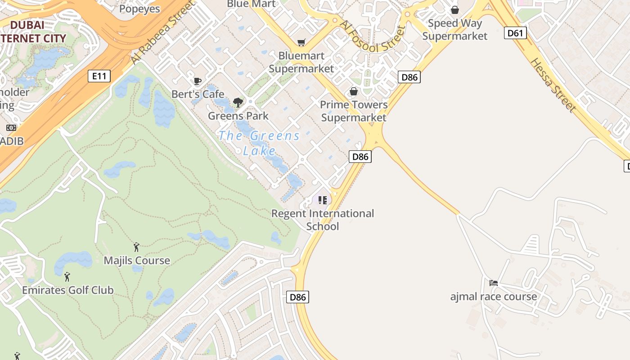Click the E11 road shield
(99, 76)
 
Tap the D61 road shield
(515, 32)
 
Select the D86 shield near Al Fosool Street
(409, 77)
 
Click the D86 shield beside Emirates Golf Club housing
(298, 297)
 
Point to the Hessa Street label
(553, 85)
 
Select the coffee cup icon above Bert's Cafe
(197, 81)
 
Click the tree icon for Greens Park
(238, 103)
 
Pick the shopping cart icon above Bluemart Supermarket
(301, 43)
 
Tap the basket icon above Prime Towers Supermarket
(354, 92)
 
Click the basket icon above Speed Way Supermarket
(455, 10)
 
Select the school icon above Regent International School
(322, 200)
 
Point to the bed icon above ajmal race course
(494, 283)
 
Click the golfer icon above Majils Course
(136, 247)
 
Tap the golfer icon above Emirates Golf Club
(67, 276)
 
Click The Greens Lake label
(259, 143)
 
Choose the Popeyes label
(139, 9)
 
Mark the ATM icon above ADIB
(11, 128)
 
